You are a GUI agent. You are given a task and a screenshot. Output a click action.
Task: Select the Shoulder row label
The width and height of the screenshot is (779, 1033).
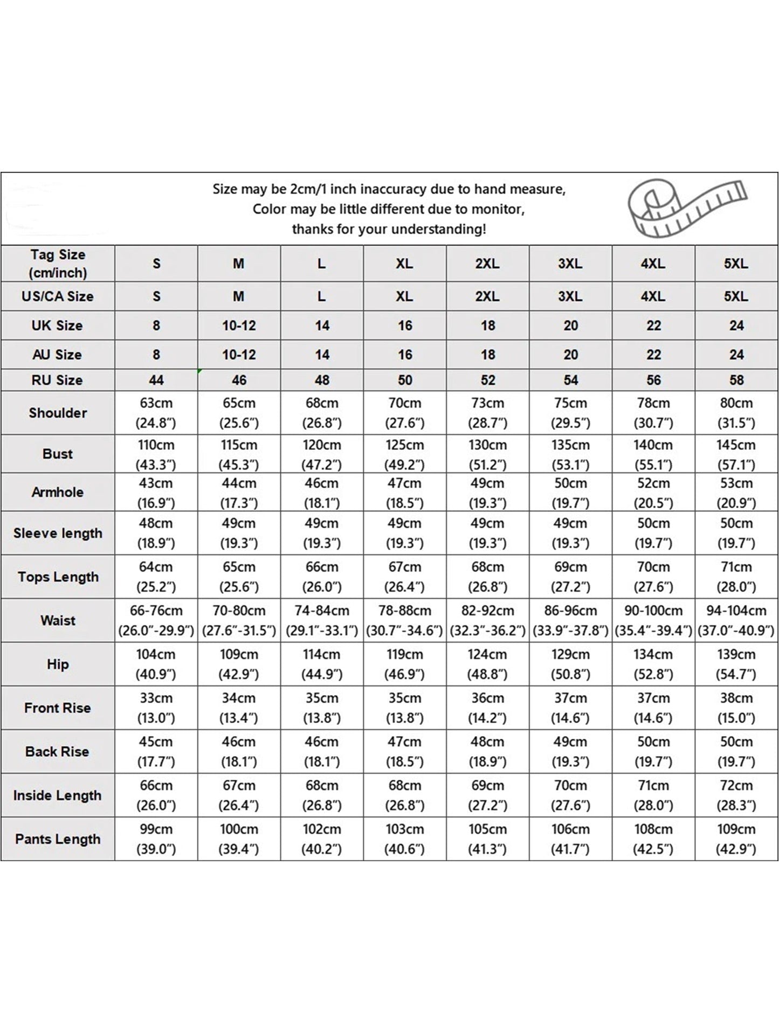pos(58,413)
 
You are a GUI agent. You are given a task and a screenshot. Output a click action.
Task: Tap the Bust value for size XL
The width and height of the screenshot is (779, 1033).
pos(404,454)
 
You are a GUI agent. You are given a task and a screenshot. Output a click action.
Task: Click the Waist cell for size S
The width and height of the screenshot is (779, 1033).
pos(156,620)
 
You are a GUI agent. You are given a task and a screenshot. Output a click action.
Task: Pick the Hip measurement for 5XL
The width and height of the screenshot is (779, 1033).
pos(736,664)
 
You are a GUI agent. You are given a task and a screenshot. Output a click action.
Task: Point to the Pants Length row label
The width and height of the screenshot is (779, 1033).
pos(58,839)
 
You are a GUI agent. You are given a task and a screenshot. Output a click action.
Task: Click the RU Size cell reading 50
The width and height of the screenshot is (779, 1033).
pos(405,380)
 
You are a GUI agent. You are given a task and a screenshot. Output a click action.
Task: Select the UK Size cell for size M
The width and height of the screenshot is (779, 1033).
pos(239,325)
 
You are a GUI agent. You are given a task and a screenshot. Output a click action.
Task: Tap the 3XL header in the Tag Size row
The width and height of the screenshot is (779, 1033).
pos(570,264)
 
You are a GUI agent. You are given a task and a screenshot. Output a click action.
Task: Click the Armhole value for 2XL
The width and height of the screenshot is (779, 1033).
pos(487,493)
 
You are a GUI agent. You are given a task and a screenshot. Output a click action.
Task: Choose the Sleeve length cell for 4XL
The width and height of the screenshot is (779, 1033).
pos(653,533)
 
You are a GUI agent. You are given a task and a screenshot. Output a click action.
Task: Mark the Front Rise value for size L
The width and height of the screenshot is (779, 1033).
pos(322,708)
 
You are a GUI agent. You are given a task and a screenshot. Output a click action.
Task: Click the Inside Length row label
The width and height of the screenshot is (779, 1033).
pos(58,795)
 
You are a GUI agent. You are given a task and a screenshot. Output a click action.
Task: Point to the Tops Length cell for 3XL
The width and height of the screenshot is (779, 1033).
pos(570,577)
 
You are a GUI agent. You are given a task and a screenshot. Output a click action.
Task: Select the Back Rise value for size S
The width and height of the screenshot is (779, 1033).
pos(156,751)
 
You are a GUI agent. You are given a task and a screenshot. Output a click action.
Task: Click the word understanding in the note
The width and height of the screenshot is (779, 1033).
pos(436,229)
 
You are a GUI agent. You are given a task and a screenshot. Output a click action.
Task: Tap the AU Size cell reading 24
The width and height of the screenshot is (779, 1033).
pos(736,355)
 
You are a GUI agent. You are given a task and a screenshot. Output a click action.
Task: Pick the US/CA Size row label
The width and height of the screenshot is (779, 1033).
pos(58,296)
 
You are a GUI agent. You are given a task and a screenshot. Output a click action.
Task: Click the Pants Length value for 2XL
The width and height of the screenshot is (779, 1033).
pos(487,839)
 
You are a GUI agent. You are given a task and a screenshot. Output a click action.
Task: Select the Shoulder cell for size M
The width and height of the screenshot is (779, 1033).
pos(239,413)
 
